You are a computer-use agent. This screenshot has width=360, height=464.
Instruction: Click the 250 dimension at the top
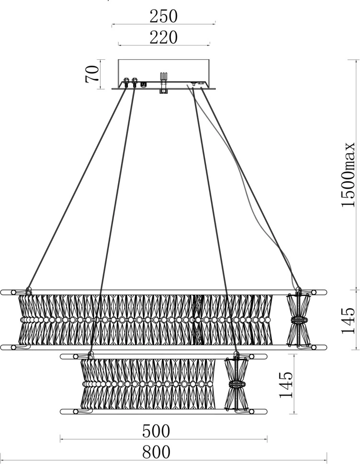coord(163,17)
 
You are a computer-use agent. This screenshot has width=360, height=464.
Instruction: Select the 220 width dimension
coord(163,37)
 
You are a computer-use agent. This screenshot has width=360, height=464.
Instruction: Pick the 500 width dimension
coord(156,431)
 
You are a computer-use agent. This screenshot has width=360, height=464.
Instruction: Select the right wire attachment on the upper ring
coord(298,289)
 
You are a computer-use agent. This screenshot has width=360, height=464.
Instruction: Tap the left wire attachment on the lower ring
coord(90,354)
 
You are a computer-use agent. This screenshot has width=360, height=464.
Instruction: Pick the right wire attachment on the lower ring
coord(236,354)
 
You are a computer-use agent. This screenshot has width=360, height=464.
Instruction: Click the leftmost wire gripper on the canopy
coord(127,82)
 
